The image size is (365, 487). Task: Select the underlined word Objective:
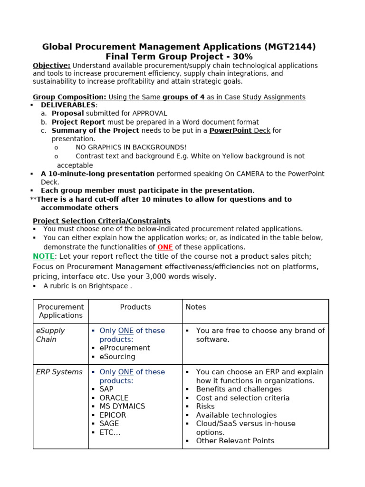pyautogui.click(x=51, y=66)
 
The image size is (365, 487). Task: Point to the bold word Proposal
pyautogui.click(x=67, y=113)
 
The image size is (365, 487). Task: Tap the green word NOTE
pyautogui.click(x=44, y=256)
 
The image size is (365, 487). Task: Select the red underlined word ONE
pyautogui.click(x=165, y=247)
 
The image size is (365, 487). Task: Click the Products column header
pyautogui.click(x=135, y=307)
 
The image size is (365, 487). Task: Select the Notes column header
pyautogui.click(x=196, y=307)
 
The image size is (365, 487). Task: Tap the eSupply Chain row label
pyautogui.click(x=50, y=335)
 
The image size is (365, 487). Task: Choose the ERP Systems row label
pyautogui.click(x=59, y=372)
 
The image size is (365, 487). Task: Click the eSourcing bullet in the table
pyautogui.click(x=117, y=357)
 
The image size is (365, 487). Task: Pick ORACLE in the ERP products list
pyautogui.click(x=114, y=398)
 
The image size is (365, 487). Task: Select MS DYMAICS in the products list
pyautogui.click(x=122, y=406)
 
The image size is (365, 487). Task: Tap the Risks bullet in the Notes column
pyautogui.click(x=205, y=406)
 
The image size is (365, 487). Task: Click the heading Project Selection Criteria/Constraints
pyautogui.click(x=102, y=221)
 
